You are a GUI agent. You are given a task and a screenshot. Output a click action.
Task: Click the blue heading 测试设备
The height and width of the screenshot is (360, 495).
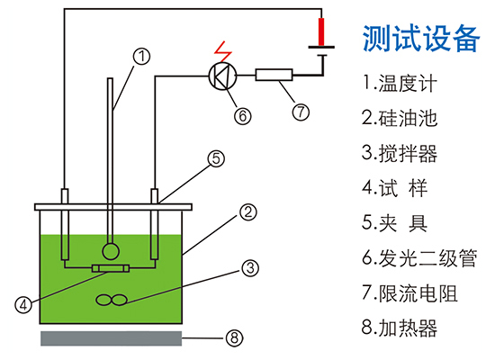pos(418,37)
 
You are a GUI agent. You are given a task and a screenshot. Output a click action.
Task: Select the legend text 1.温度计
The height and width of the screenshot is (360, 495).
pos(400,84)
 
